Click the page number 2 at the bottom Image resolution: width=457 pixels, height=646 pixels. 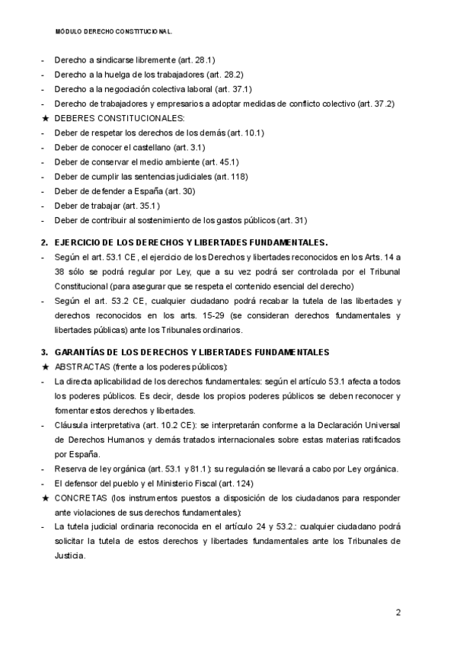pyautogui.click(x=398, y=612)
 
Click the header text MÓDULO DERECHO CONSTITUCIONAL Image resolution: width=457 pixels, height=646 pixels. pyautogui.click(x=114, y=33)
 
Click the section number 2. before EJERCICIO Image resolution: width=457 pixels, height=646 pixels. pyautogui.click(x=43, y=242)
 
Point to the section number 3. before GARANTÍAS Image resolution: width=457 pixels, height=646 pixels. pyautogui.click(x=43, y=352)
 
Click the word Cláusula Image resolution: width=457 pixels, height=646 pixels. pyautogui.click(x=71, y=424)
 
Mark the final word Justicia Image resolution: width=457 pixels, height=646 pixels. pyautogui.click(x=69, y=555)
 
